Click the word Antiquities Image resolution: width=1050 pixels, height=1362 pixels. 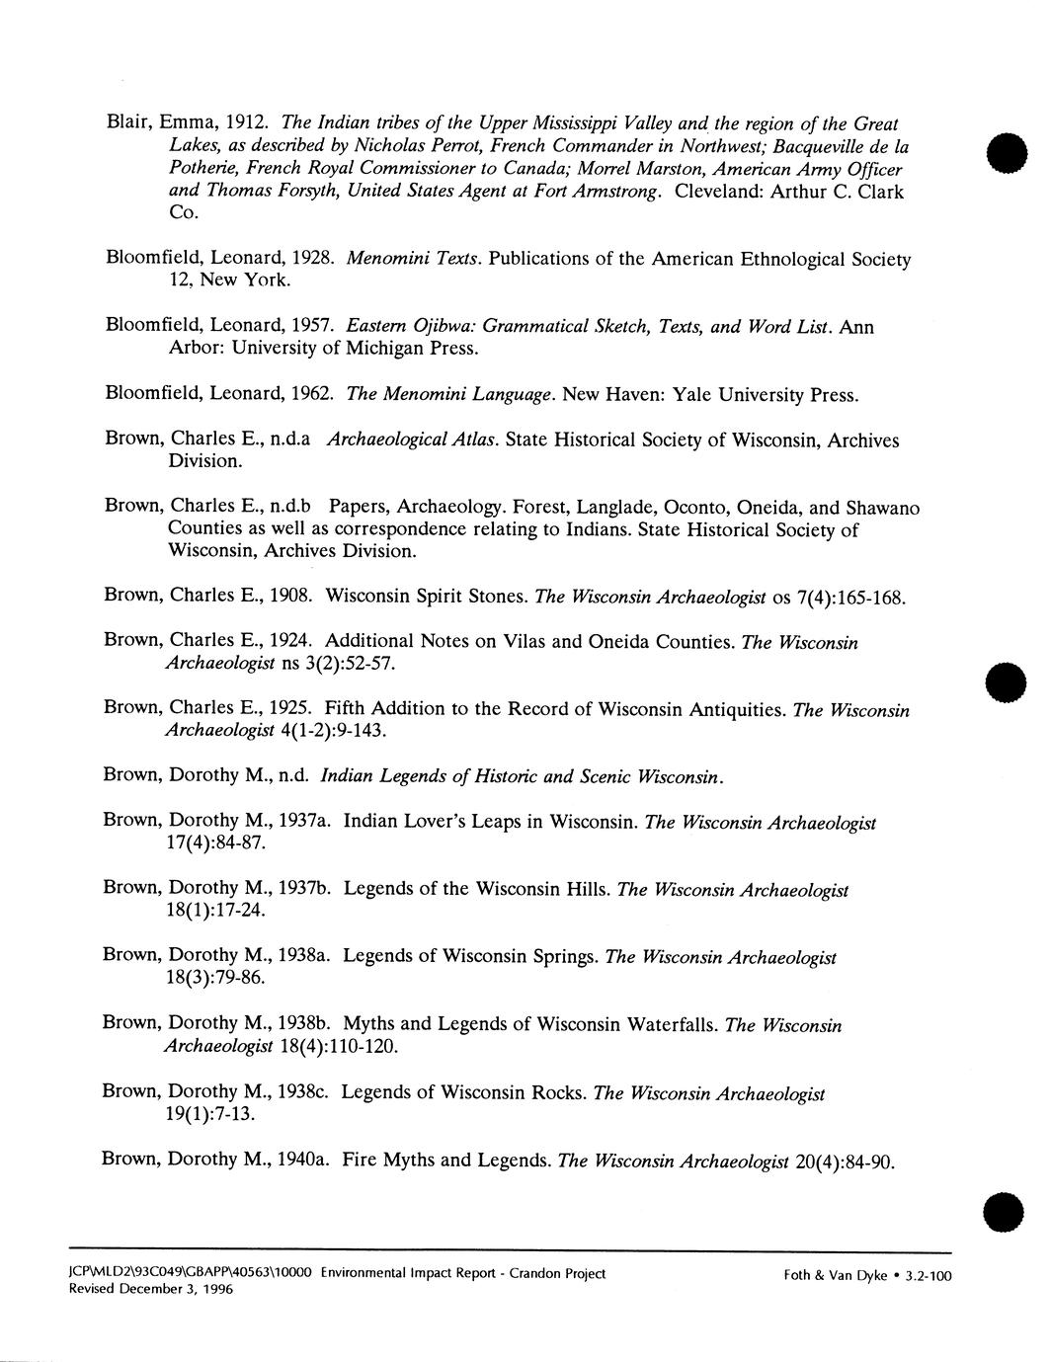(x=735, y=710)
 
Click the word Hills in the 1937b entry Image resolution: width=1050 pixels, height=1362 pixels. (x=582, y=889)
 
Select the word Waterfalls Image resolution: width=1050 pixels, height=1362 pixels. (x=667, y=1024)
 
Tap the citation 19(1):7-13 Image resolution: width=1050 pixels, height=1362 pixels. (x=211, y=1114)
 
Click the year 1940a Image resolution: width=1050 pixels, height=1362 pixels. (x=304, y=1160)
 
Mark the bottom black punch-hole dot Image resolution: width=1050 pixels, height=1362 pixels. (x=1007, y=1211)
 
